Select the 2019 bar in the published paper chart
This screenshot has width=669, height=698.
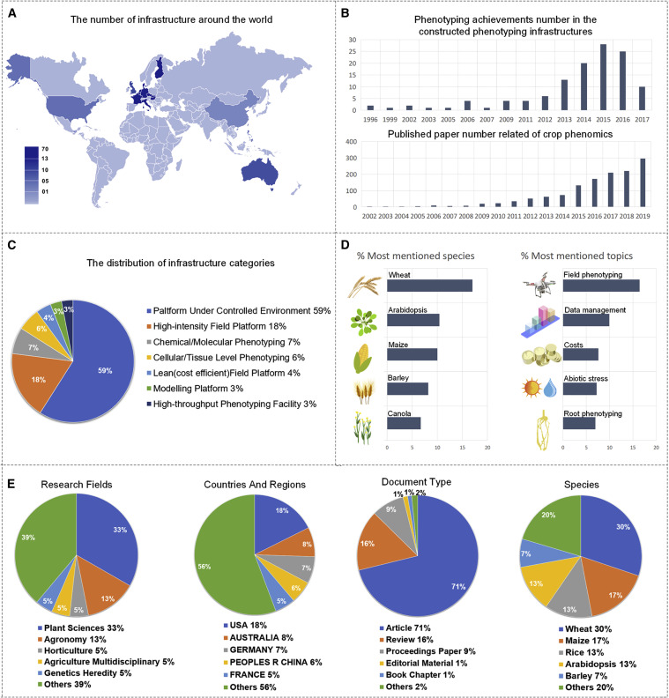[x=643, y=183]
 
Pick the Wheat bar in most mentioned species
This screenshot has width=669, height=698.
[x=429, y=285]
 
